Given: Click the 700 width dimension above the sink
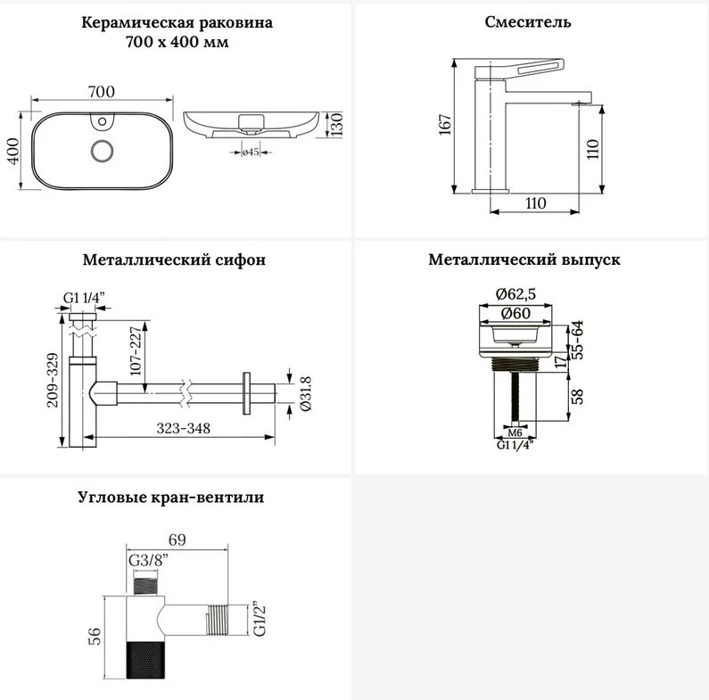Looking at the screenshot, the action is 102,92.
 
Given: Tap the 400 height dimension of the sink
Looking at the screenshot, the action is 13,151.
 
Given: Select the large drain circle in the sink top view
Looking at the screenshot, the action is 102,151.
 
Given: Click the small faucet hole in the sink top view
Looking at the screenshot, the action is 103,121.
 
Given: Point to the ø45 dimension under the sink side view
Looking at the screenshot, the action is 250,152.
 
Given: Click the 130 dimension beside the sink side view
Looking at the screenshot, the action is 336,124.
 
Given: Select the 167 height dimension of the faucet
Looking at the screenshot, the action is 445,125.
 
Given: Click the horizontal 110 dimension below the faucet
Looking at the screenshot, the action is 535,203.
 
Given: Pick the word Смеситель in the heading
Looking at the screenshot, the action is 528,21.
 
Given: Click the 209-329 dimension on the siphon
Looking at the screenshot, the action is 53,380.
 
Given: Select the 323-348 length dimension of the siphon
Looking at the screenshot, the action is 183,428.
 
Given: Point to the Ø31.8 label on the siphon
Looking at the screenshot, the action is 306,393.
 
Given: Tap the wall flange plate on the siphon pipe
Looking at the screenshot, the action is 246,393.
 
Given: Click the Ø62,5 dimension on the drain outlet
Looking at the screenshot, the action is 515,294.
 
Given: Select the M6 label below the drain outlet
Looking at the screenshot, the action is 515,432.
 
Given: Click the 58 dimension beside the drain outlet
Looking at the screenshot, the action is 578,396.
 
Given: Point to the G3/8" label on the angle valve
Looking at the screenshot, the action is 148,561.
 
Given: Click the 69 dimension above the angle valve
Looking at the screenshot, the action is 177,539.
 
